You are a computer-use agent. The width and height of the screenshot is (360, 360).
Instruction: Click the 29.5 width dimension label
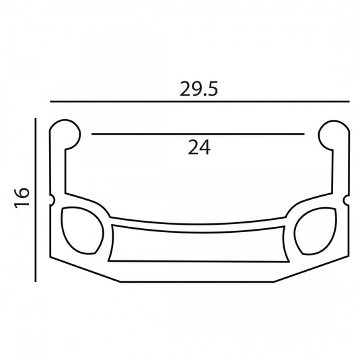(x=199, y=89)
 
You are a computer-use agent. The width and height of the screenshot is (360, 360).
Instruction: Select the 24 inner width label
(x=199, y=147)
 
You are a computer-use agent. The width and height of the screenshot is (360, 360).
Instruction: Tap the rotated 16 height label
(x=22, y=198)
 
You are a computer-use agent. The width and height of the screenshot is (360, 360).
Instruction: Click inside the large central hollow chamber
(x=199, y=247)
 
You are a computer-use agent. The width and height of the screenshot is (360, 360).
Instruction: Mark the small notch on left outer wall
(x=52, y=200)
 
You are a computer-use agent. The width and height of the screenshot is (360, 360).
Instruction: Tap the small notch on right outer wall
(x=347, y=201)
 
